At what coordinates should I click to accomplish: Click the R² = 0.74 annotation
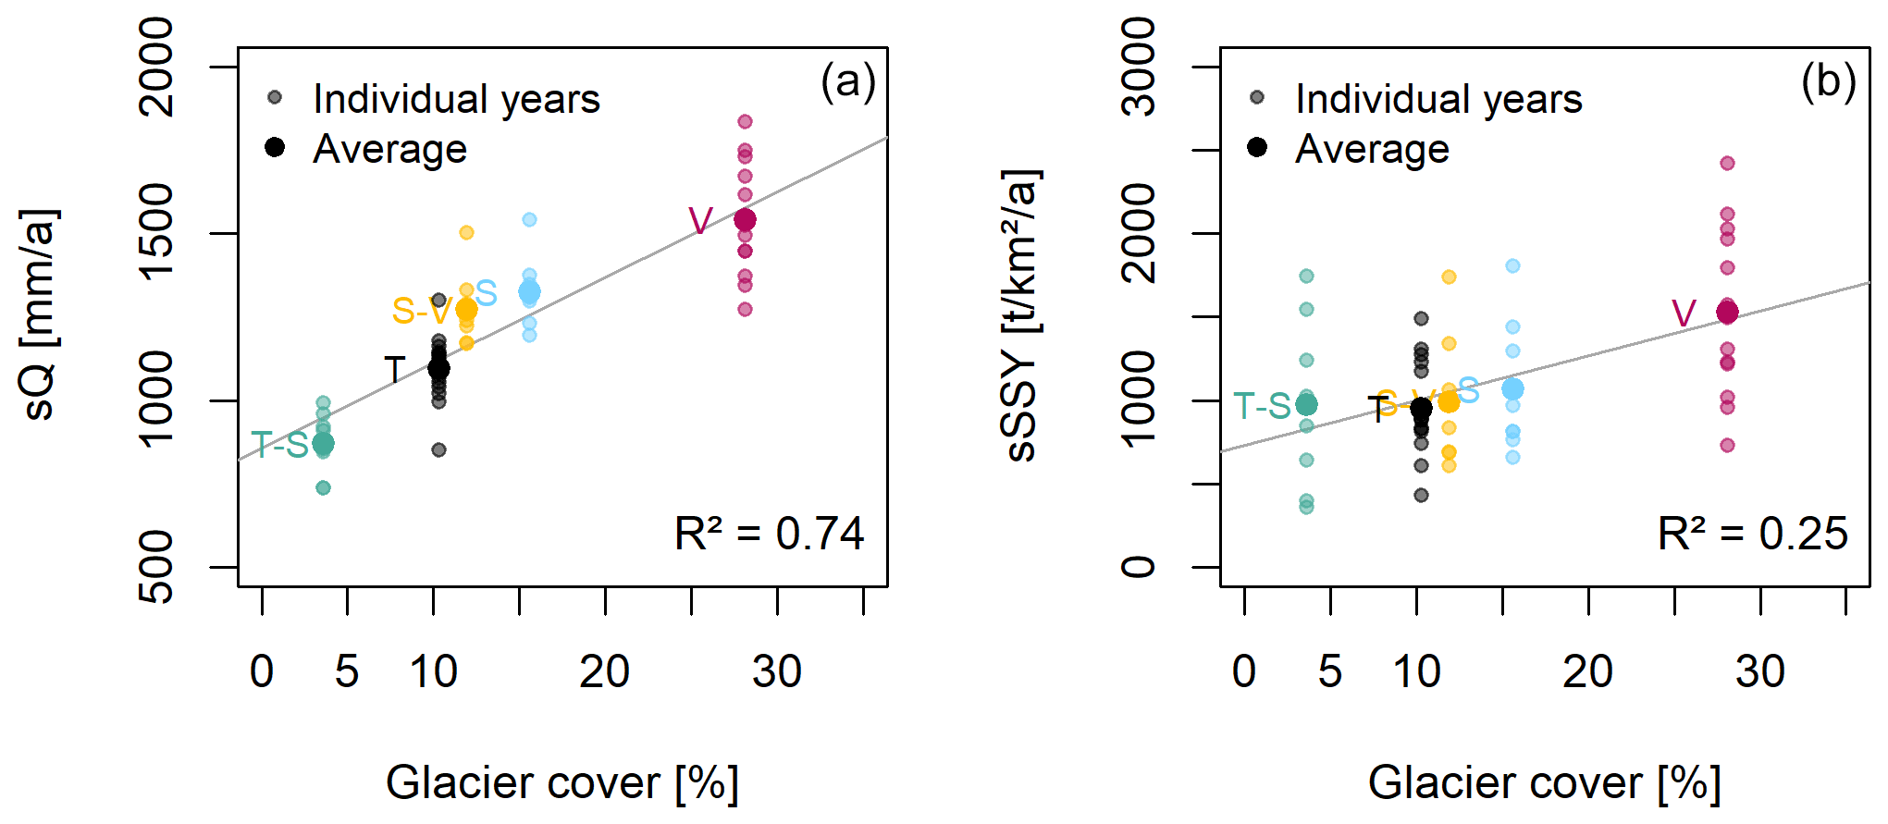click(x=769, y=534)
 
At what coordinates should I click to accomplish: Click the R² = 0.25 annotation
click(x=1752, y=534)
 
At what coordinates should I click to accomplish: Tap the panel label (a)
click(x=847, y=82)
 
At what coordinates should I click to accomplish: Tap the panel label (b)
click(x=1828, y=82)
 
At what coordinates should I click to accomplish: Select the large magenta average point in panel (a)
click(x=745, y=220)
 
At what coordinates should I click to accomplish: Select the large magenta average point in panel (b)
click(x=1727, y=313)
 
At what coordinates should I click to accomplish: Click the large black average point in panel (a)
click(x=438, y=368)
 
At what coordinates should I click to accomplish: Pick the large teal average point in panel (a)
click(x=323, y=444)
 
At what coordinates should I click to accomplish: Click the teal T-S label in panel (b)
click(x=1262, y=406)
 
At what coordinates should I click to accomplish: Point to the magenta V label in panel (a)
click(x=700, y=221)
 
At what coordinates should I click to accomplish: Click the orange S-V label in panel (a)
click(x=421, y=311)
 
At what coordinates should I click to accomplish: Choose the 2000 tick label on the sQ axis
click(x=156, y=68)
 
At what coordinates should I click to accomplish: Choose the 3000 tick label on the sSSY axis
click(x=1139, y=68)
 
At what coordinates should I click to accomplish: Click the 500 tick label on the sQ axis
click(x=156, y=567)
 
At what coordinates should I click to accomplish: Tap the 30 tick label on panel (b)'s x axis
click(x=1759, y=671)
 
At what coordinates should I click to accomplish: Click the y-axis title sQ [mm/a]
click(x=40, y=314)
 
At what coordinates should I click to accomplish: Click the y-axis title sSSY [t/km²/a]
click(x=1022, y=314)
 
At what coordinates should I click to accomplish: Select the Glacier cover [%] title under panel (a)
click(x=562, y=783)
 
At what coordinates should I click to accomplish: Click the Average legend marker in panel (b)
click(x=1256, y=147)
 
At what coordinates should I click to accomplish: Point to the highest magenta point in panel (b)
click(x=1727, y=164)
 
